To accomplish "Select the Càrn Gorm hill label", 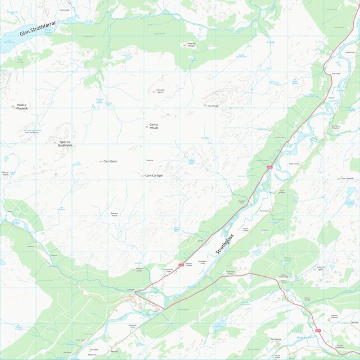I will click(110, 161).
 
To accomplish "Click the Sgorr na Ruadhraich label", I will click(65, 143).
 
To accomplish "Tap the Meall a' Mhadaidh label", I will click(22, 106).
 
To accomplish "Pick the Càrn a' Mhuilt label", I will click(154, 126).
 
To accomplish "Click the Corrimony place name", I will click(275, 339).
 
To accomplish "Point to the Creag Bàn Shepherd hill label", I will click(191, 44).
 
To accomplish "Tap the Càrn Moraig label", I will click(212, 106).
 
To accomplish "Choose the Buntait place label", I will click(354, 322).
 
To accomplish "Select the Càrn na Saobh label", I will click(5, 173).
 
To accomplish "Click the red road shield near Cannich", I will click(181, 265).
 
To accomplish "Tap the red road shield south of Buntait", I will click(318, 330).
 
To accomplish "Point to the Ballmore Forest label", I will click(114, 215).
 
